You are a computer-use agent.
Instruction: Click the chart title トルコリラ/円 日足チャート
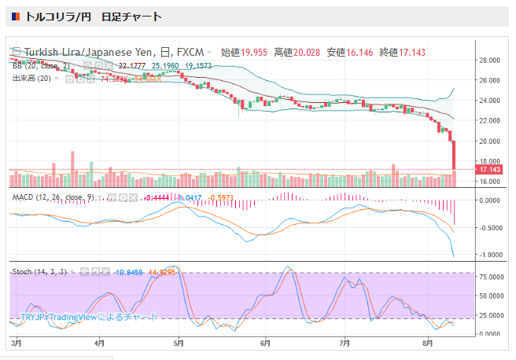tap(94, 17)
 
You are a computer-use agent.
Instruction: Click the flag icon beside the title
tap(16, 17)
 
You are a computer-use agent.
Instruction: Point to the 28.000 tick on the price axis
tap(492, 60)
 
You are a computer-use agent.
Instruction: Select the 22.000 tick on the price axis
tap(492, 120)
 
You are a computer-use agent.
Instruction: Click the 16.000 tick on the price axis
tap(492, 182)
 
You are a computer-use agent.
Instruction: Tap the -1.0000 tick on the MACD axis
tap(492, 255)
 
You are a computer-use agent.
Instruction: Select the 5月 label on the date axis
tap(179, 343)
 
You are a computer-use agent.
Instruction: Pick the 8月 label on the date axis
tap(427, 343)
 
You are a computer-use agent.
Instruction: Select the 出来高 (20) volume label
tap(32, 79)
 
